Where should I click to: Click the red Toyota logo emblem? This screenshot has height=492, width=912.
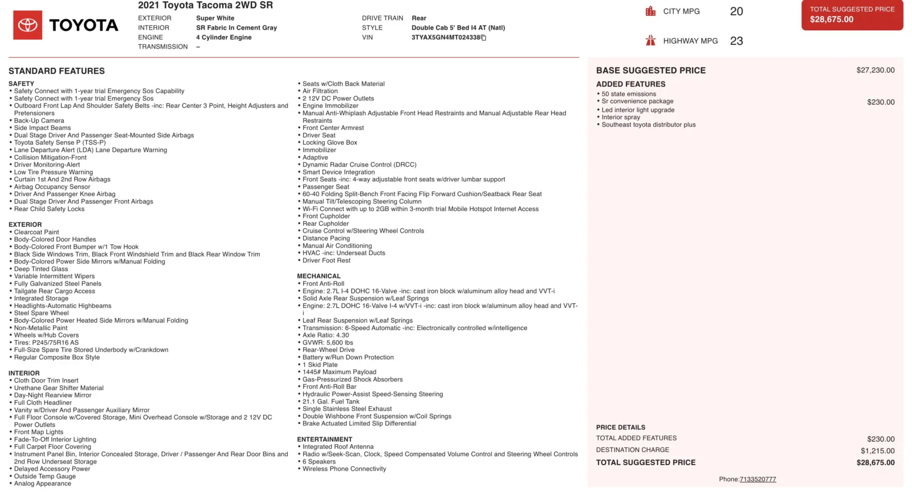click(x=27, y=25)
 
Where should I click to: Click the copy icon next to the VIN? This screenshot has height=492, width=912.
click(x=484, y=38)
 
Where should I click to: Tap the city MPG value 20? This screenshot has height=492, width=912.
click(x=736, y=11)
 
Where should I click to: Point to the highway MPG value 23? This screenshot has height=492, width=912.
click(x=736, y=41)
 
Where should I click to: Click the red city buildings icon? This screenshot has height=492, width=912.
click(x=650, y=11)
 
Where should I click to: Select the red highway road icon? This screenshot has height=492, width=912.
click(x=650, y=40)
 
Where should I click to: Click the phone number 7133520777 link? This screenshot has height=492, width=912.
click(x=758, y=479)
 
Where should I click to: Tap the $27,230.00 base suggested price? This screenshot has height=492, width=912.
click(x=875, y=70)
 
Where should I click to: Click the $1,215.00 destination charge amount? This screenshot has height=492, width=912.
click(x=877, y=451)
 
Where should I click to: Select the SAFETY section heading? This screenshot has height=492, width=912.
click(x=21, y=84)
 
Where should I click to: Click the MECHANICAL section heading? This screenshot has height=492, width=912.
click(x=319, y=276)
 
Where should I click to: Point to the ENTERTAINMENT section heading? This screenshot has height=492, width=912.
click(x=324, y=440)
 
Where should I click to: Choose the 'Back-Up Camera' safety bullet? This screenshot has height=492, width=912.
click(x=39, y=121)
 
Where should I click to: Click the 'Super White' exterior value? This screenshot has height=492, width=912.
click(x=215, y=18)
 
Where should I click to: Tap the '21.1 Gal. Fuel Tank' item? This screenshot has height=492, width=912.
click(x=331, y=401)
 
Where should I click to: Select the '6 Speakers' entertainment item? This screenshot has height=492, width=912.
click(x=319, y=462)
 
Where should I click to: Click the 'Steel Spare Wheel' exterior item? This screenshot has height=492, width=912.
click(x=41, y=313)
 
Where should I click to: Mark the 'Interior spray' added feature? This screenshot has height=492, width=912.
click(x=621, y=117)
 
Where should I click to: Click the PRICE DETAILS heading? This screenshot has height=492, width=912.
click(x=621, y=428)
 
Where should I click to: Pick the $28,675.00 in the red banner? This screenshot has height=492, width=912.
click(x=832, y=19)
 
